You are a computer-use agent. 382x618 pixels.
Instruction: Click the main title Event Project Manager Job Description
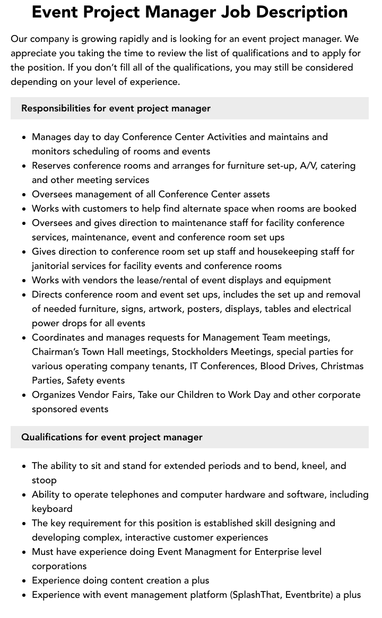[x=189, y=12]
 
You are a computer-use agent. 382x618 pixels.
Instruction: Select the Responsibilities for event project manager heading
[x=116, y=108]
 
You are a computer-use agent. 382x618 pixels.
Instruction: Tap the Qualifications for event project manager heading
[x=111, y=437]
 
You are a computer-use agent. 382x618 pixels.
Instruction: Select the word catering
[x=338, y=166]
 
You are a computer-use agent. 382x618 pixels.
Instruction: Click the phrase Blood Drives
[x=288, y=366]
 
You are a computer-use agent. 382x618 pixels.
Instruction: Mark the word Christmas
[x=342, y=366]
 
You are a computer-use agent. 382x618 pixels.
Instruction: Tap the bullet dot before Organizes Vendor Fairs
[x=24, y=395]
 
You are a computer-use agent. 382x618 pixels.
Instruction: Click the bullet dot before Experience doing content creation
[x=24, y=581]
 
